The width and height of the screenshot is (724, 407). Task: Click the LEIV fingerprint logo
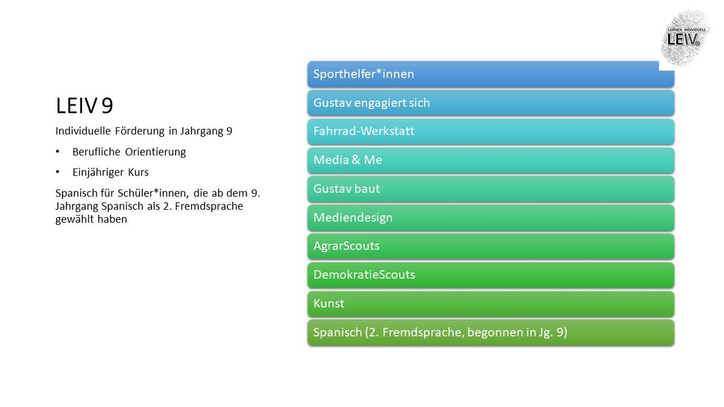pyautogui.click(x=685, y=39)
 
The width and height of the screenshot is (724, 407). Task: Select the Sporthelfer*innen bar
pyautogui.click(x=491, y=74)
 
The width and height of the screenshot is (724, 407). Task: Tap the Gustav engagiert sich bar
pyautogui.click(x=491, y=103)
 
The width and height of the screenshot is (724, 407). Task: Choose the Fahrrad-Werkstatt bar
pyautogui.click(x=491, y=131)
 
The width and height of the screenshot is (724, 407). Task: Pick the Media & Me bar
pyautogui.click(x=491, y=160)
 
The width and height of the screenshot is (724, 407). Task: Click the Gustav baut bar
pyautogui.click(x=491, y=189)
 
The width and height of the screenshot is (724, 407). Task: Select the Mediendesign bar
pyautogui.click(x=491, y=218)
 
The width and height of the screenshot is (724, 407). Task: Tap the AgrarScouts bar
pyautogui.click(x=491, y=246)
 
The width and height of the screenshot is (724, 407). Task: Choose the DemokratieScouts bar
pyautogui.click(x=491, y=275)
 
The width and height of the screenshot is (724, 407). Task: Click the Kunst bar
pyautogui.click(x=491, y=304)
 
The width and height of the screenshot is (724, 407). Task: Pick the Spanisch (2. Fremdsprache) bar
pyautogui.click(x=491, y=332)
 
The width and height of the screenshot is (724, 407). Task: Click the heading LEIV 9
pyautogui.click(x=84, y=106)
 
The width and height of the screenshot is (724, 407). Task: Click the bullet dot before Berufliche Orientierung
pyautogui.click(x=57, y=151)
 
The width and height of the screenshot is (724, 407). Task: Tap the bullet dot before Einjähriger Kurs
pyautogui.click(x=57, y=172)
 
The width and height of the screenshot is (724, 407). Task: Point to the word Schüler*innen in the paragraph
pyautogui.click(x=153, y=193)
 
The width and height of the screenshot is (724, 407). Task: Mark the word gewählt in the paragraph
pyautogui.click(x=74, y=219)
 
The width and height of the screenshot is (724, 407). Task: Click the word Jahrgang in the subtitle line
pyautogui.click(x=202, y=131)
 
